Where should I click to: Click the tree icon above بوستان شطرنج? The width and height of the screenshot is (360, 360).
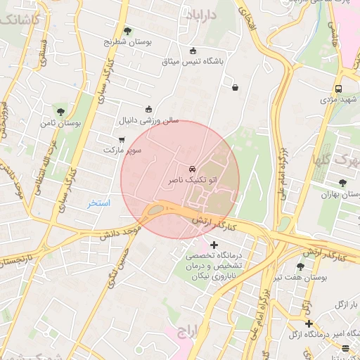click(x=127, y=31)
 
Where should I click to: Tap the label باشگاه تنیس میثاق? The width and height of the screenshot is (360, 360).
click(x=193, y=62)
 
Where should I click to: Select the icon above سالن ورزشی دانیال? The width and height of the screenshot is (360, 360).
click(x=148, y=109)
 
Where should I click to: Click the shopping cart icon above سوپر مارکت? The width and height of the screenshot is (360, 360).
click(x=122, y=139)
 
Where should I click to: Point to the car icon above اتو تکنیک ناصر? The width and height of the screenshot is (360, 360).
click(x=192, y=169)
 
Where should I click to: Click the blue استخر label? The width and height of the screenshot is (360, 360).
click(x=99, y=202)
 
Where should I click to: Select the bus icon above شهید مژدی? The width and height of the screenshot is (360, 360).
click(x=339, y=89)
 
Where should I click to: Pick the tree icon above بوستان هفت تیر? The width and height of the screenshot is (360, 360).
click(x=301, y=266)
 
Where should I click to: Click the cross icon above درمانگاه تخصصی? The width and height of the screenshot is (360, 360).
click(x=214, y=244)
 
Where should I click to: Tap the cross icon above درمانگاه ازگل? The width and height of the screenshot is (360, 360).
click(x=308, y=323)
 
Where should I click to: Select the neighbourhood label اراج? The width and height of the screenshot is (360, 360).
click(x=190, y=330)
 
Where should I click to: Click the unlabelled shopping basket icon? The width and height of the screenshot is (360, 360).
click(x=235, y=88)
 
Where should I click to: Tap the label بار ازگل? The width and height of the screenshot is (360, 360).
click(x=345, y=304)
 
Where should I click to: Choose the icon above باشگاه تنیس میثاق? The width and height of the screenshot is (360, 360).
click(x=193, y=50)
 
